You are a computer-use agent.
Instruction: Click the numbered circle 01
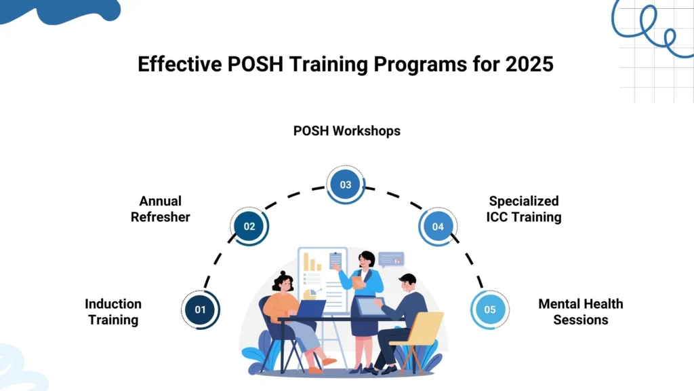pyautogui.click(x=201, y=310)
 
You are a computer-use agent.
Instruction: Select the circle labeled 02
pyautogui.click(x=249, y=226)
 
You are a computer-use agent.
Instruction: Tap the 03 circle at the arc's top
pyautogui.click(x=346, y=185)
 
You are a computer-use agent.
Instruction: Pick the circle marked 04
pyautogui.click(x=438, y=227)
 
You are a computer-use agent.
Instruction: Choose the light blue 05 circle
pyautogui.click(x=490, y=310)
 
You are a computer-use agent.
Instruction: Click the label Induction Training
pyautogui.click(x=113, y=312)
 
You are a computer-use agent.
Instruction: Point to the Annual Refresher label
pyautogui.click(x=160, y=209)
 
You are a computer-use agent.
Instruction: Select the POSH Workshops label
pyautogui.click(x=347, y=131)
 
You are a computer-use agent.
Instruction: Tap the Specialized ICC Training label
pyautogui.click(x=524, y=209)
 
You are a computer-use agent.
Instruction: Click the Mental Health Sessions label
pyautogui.click(x=581, y=312)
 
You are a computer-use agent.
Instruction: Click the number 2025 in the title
pyautogui.click(x=529, y=64)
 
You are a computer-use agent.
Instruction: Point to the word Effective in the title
pyautogui.click(x=180, y=64)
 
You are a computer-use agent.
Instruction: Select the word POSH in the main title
pyautogui.click(x=256, y=64)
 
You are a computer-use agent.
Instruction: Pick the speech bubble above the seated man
pyautogui.click(x=391, y=259)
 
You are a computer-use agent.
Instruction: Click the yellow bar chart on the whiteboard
pyautogui.click(x=312, y=262)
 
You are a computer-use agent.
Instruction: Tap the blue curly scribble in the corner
pyautogui.click(x=650, y=27)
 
